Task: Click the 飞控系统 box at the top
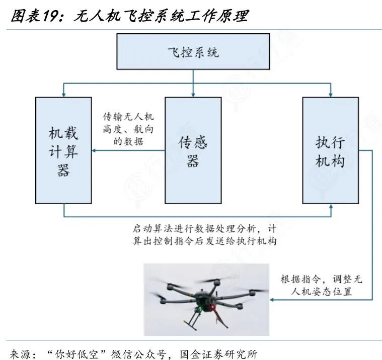193,52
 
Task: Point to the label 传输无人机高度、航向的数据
128,128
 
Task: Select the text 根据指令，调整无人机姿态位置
322,285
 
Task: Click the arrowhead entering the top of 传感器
193,94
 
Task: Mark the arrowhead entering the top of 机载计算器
63,94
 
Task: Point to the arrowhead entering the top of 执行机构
330,94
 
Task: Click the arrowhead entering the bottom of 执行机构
330,207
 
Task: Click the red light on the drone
213,307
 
